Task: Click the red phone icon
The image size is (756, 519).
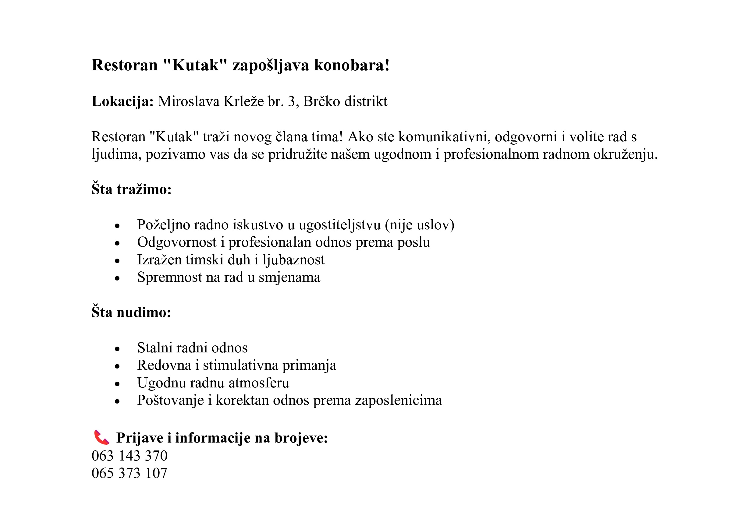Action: point(101,437)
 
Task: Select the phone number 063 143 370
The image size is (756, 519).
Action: point(130,456)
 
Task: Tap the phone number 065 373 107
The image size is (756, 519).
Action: point(130,473)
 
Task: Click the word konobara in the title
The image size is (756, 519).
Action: point(352,65)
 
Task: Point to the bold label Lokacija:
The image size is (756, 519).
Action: point(122,101)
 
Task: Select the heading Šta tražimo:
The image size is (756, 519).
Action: point(131,189)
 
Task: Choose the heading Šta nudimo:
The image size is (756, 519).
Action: point(131,312)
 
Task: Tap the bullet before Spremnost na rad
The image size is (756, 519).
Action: point(117,279)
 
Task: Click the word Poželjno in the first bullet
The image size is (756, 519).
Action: point(163,225)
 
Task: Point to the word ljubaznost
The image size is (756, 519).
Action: point(293,260)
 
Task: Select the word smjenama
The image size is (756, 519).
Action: point(289,277)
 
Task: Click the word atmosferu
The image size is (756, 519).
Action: point(259,383)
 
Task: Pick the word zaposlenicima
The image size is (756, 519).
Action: point(399,400)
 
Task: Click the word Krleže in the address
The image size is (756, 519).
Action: point(243,101)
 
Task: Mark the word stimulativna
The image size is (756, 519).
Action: point(240,365)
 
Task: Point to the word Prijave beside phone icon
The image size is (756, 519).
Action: point(140,438)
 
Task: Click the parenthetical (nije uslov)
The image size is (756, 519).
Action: point(419,225)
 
